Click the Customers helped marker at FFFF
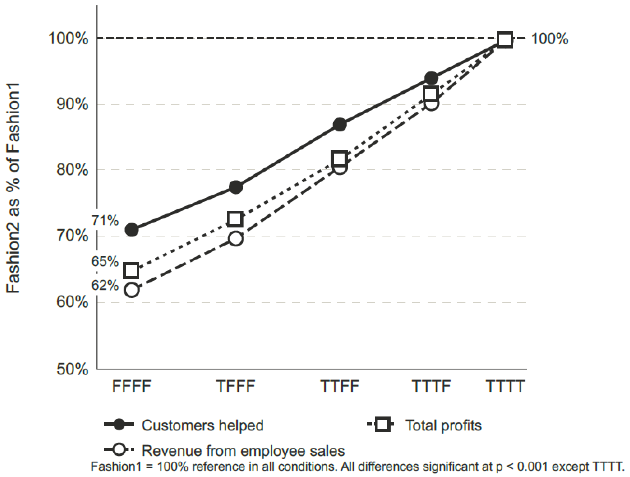132,230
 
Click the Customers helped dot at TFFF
235,187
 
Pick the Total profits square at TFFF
235,219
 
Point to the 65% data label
105,261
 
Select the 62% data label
105,285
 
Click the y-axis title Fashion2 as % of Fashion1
13,188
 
